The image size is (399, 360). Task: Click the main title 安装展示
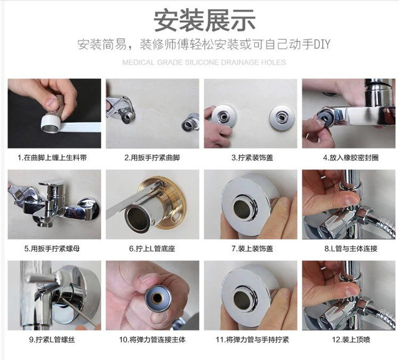click(x=204, y=20)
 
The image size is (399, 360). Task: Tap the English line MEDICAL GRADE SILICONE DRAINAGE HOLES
click(x=204, y=62)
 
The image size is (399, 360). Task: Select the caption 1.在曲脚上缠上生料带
click(x=52, y=158)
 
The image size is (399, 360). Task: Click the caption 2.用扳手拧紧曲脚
click(x=152, y=158)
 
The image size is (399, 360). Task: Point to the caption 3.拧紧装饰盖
click(x=252, y=158)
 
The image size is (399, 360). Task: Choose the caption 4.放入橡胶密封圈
click(x=351, y=158)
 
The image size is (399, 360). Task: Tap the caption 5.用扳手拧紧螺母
click(x=52, y=248)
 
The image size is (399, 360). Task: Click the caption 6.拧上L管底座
click(x=152, y=248)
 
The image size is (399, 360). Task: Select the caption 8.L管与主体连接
click(x=351, y=248)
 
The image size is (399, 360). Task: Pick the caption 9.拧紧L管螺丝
click(x=52, y=339)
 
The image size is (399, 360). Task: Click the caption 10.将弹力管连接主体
click(x=152, y=339)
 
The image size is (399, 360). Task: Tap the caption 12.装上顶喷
click(x=351, y=339)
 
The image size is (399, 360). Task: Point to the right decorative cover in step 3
click(x=282, y=118)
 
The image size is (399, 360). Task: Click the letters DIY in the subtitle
click(x=322, y=44)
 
